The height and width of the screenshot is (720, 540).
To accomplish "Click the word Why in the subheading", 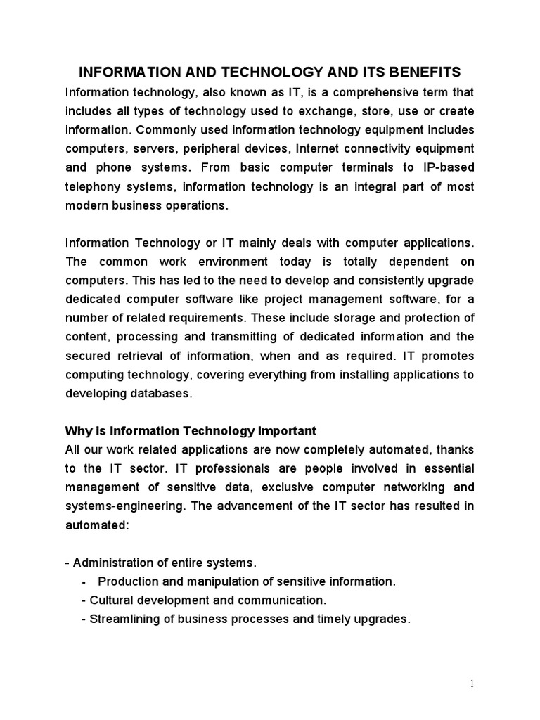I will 77,430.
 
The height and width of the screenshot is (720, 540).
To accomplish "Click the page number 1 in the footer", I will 473,683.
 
